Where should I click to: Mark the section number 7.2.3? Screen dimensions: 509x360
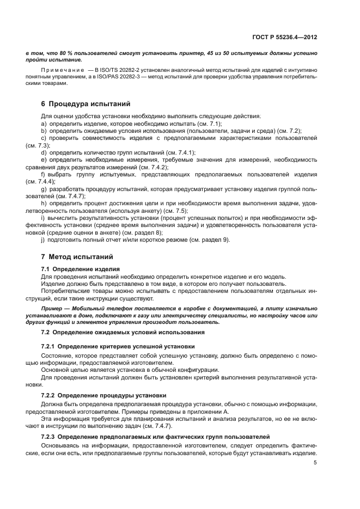[50, 437]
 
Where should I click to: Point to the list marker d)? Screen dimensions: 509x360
[44, 152]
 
